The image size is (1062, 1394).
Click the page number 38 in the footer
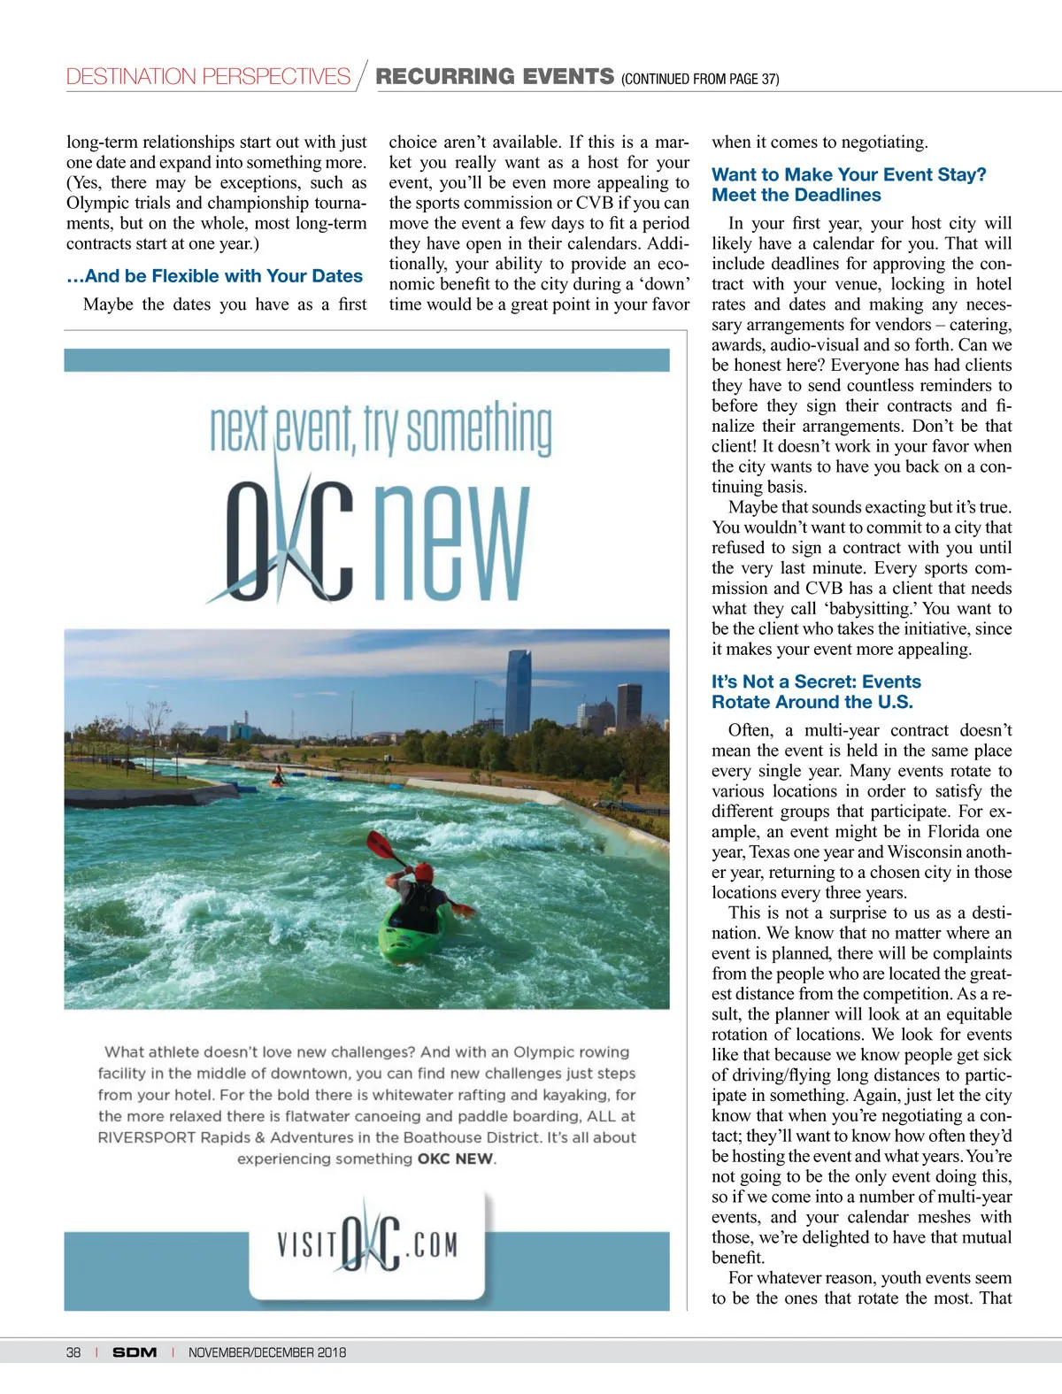click(x=73, y=1352)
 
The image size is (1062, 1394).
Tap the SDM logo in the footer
click(x=135, y=1352)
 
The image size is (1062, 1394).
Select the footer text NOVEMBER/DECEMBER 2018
click(x=266, y=1352)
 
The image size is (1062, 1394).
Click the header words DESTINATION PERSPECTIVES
click(x=208, y=77)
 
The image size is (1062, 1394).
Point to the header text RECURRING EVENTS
click(x=494, y=77)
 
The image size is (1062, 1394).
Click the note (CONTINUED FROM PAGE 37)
click(x=700, y=79)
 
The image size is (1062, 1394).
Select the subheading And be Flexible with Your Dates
click(x=214, y=276)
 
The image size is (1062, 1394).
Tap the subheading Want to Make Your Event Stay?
click(x=848, y=174)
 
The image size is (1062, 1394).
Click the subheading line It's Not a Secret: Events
click(x=816, y=682)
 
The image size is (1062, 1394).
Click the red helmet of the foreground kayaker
click(x=425, y=872)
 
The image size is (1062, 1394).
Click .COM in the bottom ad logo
click(x=432, y=1244)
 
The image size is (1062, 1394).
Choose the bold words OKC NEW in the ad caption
click(x=456, y=1159)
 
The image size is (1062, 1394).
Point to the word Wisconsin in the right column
click(x=932, y=851)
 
